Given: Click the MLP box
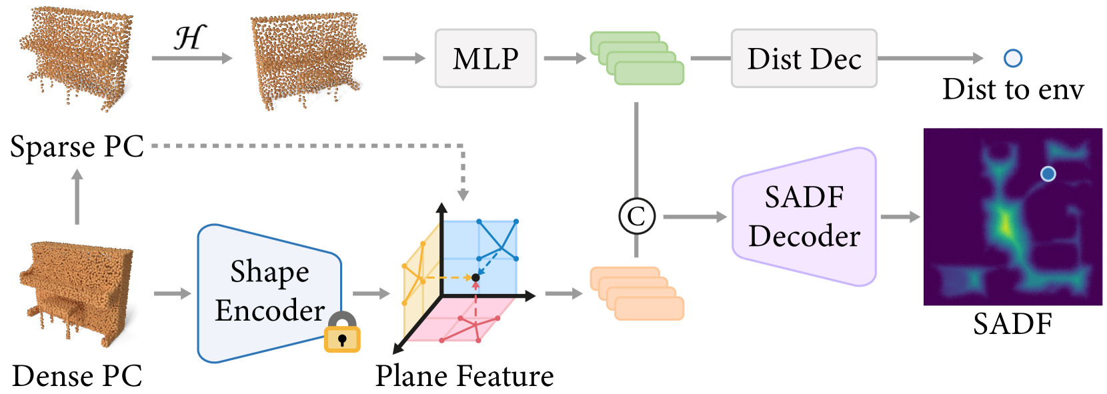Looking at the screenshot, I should point(485,59).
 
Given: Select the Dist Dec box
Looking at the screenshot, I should point(804,59).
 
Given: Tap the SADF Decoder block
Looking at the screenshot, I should point(804,217).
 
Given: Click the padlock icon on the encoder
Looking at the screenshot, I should point(341,333).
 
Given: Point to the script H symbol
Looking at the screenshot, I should point(190,38).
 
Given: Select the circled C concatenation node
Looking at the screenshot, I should point(637,216).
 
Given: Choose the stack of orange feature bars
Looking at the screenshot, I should point(637,293).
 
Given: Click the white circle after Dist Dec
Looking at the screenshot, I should point(1012,59).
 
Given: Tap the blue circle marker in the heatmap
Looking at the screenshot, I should point(1048,174).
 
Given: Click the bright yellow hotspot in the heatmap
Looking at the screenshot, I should point(1004,223).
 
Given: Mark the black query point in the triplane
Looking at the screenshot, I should point(475,277).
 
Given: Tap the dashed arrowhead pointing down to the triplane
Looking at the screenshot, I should point(463,195).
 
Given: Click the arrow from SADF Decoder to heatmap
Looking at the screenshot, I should point(900,217).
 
